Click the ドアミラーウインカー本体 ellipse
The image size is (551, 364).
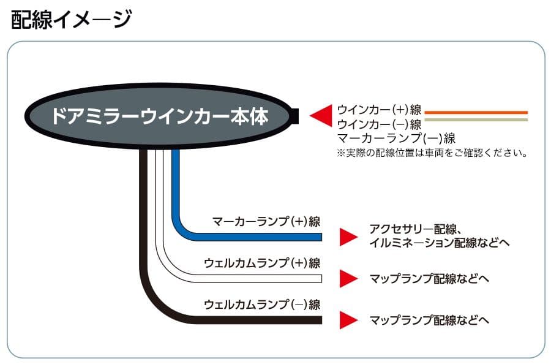159,116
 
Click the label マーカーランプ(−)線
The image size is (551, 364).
396,138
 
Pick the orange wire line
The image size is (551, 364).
476,112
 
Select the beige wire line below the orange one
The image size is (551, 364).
476,120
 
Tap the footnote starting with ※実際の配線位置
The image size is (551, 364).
432,153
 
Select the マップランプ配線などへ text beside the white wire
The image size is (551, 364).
429,279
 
